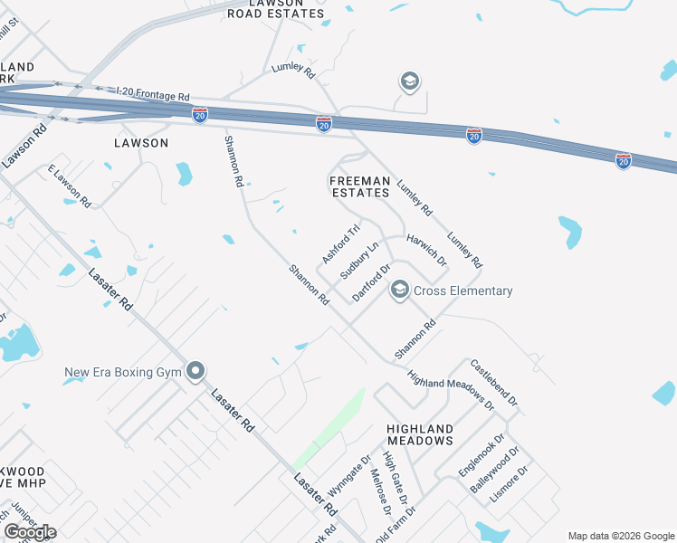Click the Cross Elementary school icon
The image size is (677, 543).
coord(399,291)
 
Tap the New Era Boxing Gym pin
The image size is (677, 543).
coord(195,372)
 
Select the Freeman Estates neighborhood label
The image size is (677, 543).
coord(359,187)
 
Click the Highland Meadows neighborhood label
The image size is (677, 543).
coord(419,434)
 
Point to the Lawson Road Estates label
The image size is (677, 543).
coord(275,9)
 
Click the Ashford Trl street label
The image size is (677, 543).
coord(341,243)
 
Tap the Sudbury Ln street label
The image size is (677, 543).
coord(358,261)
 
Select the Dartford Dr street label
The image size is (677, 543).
coord(371,282)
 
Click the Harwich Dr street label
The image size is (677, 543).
coord(426,250)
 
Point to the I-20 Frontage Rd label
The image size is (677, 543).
coord(153,93)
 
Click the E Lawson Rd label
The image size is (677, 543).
coord(70,186)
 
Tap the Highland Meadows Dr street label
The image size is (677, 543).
coord(450,391)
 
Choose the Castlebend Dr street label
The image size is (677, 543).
coord(493,382)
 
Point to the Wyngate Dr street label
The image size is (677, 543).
coord(349,475)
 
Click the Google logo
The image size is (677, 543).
coord(30,532)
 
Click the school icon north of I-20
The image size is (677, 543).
coord(410,82)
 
